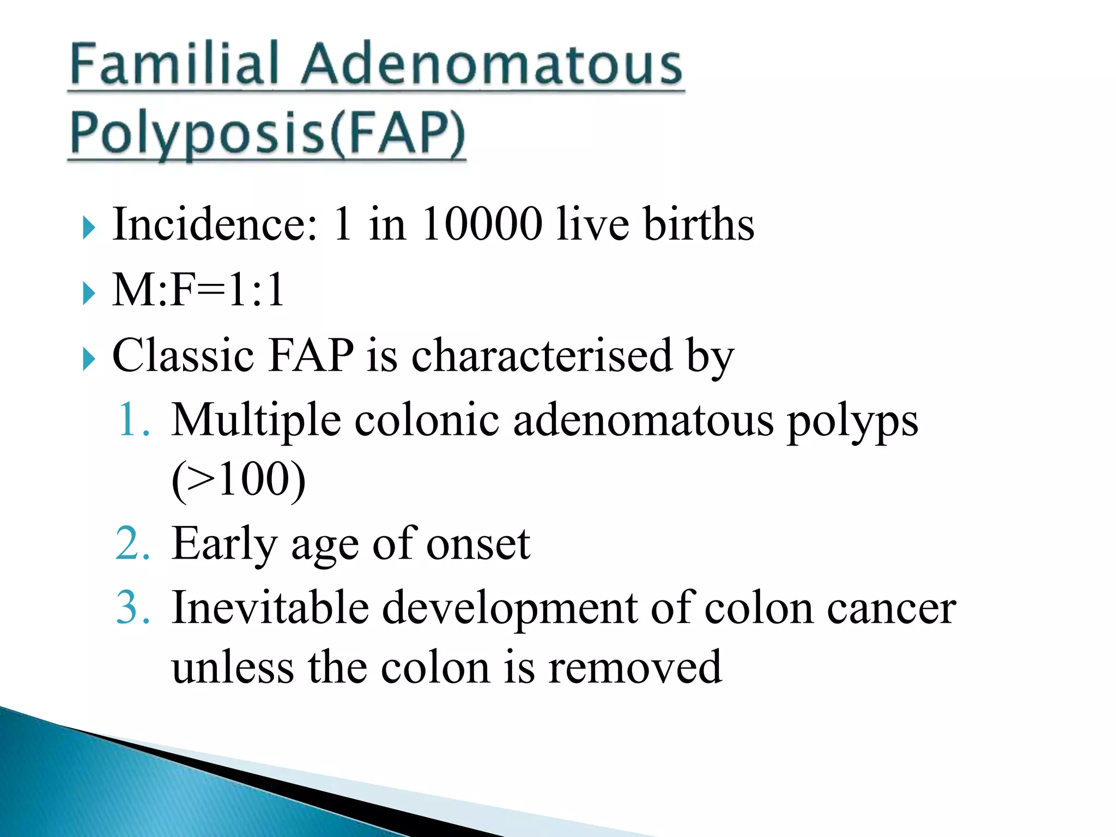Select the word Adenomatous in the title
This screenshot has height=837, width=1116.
[x=492, y=65]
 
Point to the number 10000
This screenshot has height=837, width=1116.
[x=482, y=224]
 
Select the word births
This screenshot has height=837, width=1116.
[x=699, y=224]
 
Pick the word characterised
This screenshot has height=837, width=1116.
[x=542, y=355]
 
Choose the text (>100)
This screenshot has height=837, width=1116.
[x=238, y=480]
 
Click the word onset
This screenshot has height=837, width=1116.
[x=478, y=544]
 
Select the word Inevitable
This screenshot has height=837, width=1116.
[x=270, y=608]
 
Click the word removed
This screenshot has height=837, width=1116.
[x=635, y=668]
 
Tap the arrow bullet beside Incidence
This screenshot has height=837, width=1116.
[x=89, y=228]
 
